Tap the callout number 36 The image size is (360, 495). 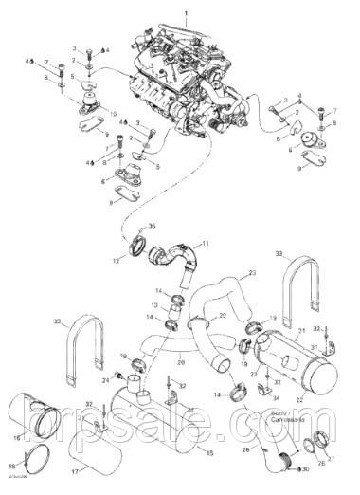tap(152, 226)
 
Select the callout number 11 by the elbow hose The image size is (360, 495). tap(207, 244)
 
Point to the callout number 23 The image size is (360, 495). tap(252, 273)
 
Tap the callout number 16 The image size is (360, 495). tap(15, 436)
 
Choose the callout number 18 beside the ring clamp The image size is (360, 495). tap(12, 466)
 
